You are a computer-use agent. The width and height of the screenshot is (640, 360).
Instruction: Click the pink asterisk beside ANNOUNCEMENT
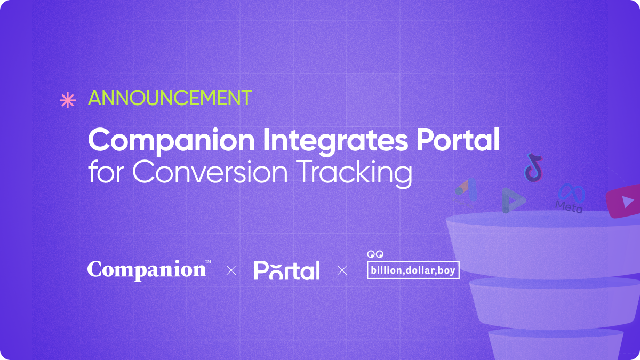tap(67, 100)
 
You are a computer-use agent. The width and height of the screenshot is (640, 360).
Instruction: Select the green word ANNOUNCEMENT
tap(170, 99)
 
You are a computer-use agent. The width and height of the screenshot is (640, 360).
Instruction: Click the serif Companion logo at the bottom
tap(147, 270)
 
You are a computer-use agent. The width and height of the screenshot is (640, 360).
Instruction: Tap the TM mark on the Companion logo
tap(208, 261)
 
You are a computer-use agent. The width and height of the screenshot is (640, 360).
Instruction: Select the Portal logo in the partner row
tap(287, 270)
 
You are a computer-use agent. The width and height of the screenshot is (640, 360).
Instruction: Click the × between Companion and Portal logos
tap(231, 271)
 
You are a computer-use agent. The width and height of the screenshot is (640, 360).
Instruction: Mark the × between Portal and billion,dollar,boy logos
tap(342, 271)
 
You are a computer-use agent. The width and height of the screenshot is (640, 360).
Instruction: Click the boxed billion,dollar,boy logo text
tap(413, 270)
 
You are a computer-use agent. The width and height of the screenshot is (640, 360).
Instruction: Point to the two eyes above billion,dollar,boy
tap(375, 254)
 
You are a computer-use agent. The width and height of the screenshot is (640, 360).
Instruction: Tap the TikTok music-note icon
tap(533, 166)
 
